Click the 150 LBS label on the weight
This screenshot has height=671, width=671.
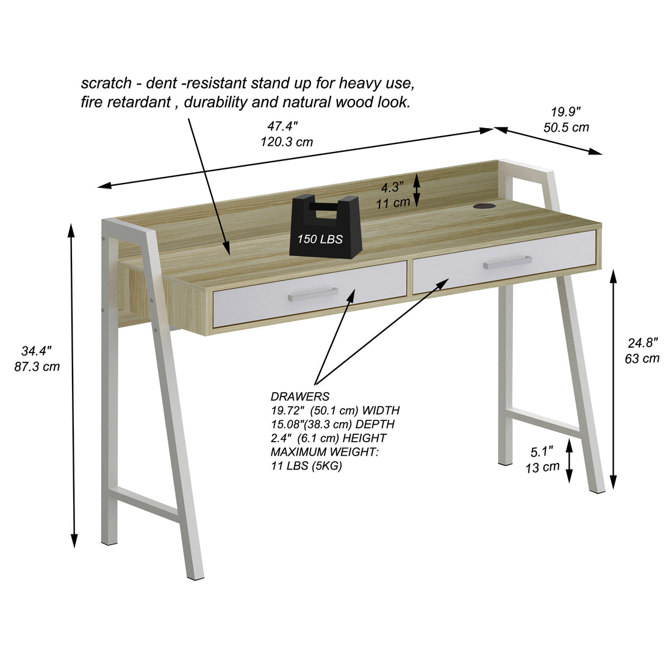coord(320,239)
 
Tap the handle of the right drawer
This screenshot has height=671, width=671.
coord(507,262)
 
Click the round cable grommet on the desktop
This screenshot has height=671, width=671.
coord(485,207)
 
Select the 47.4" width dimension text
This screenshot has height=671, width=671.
coord(282,127)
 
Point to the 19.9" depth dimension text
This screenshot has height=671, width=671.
coord(565,112)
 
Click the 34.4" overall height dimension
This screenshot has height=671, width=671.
coord(36,351)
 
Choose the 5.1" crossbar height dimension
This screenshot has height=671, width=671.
coord(542,452)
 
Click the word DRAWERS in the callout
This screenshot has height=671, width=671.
coord(300,396)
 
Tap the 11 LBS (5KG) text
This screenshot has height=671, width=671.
coord(306,466)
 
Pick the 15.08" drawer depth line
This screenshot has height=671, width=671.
coord(332,424)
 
